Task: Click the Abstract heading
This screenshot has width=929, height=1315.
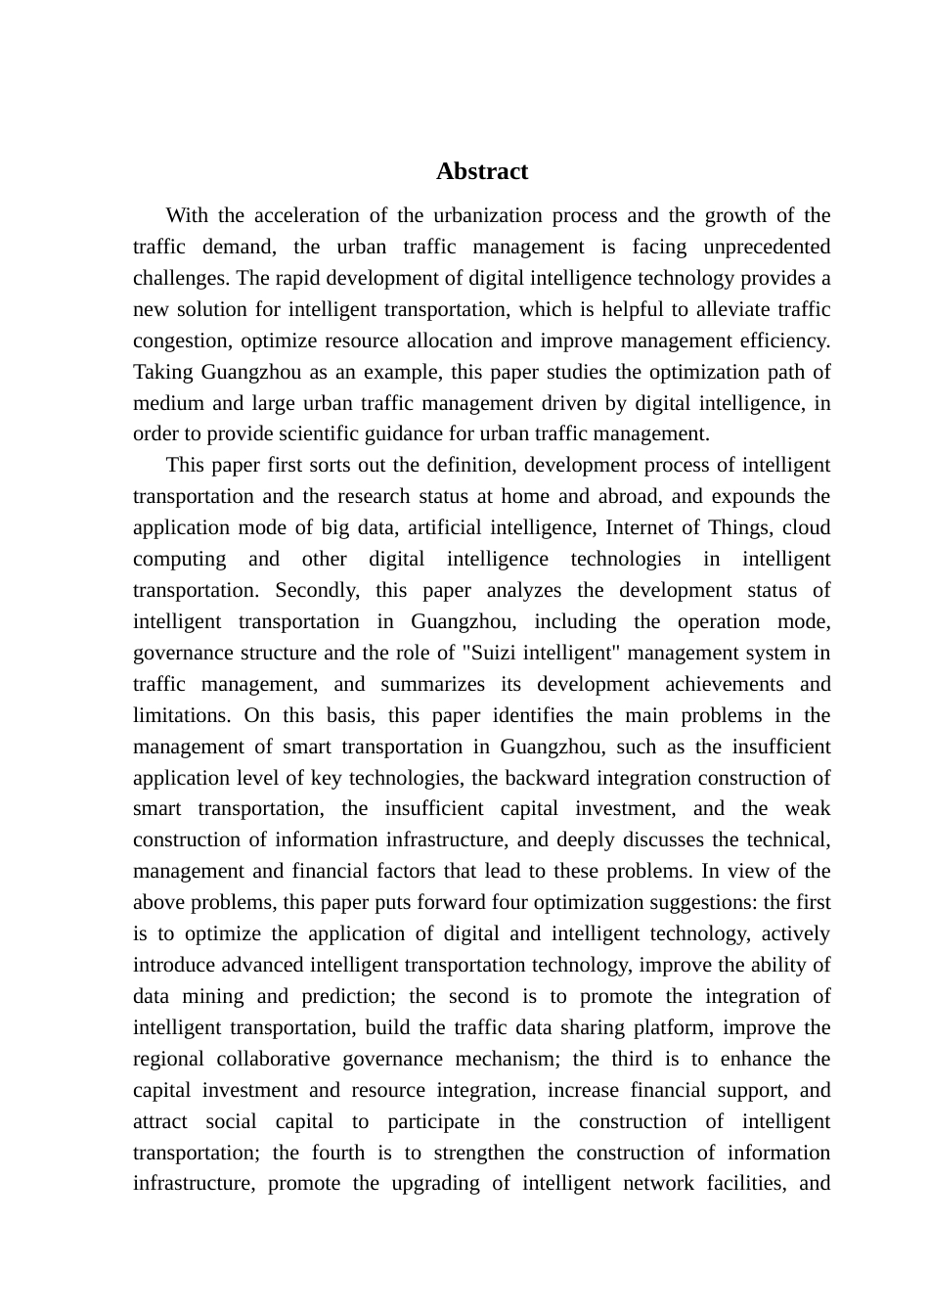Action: pyautogui.click(x=482, y=171)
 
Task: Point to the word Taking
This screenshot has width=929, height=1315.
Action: pyautogui.click(x=163, y=372)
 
